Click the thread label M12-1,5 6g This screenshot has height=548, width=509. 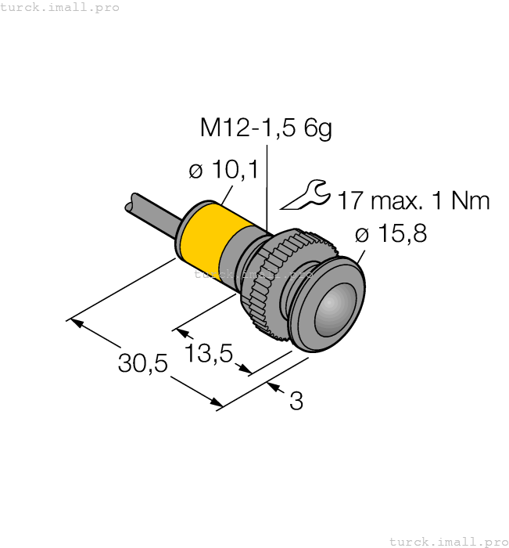[266, 128]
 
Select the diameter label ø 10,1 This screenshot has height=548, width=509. [223, 170]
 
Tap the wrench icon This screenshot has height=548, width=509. [306, 196]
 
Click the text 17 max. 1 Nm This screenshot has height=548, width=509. [414, 201]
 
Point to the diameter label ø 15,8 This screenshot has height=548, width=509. [390, 234]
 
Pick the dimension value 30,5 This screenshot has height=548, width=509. [143, 363]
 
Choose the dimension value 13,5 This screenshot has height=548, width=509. [210, 354]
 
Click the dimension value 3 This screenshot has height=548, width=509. [296, 402]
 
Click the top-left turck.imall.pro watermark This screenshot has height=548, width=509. [60, 7]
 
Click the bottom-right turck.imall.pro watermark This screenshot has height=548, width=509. [448, 541]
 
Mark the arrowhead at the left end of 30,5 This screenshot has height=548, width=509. [75, 322]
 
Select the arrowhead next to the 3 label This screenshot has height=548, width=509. [274, 386]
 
